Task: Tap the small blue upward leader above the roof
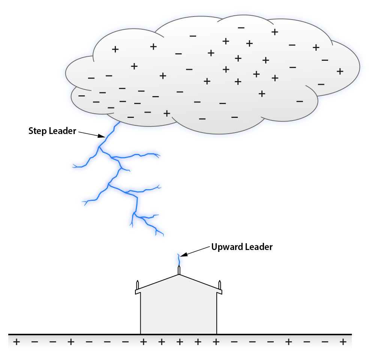[178, 259]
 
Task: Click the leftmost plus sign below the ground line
[16, 342]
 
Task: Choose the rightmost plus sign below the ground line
[342, 342]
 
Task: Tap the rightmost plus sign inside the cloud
[340, 71]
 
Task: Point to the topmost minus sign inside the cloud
[241, 27]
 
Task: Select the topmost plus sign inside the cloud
[274, 32]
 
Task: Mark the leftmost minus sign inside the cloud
[81, 95]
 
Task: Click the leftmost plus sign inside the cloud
[115, 49]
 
